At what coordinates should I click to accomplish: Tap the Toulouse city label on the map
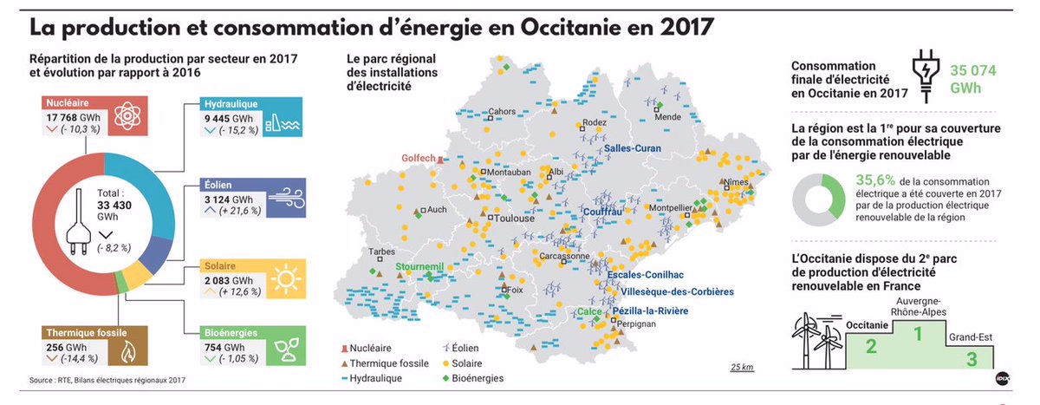click(515, 219)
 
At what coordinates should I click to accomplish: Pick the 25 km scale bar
click(741, 367)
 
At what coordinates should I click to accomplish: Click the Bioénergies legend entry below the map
click(472, 378)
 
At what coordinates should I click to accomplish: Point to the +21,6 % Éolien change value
click(239, 211)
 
